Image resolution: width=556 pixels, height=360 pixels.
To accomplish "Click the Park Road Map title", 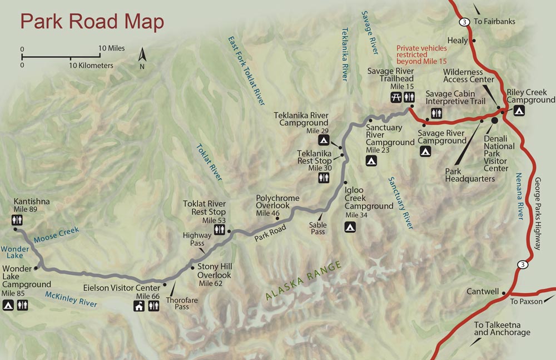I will tap(92, 22).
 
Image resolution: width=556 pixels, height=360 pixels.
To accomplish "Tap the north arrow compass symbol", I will tap(142, 57).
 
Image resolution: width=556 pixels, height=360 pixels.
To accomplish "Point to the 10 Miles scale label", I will tap(112, 48).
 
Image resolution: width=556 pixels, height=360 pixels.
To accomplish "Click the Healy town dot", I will tap(474, 41).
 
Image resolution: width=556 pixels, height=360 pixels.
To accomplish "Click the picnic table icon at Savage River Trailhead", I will tap(396, 97).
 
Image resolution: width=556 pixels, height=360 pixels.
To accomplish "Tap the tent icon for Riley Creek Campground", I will tap(518, 111).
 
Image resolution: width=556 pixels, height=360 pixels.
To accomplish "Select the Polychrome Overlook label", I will tap(277, 202).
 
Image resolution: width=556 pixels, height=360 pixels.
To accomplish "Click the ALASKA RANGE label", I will tap(304, 282).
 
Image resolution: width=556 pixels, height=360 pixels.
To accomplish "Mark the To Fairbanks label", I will tap(494, 22).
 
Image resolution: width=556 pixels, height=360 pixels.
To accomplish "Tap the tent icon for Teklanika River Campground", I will tap(323, 140).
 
